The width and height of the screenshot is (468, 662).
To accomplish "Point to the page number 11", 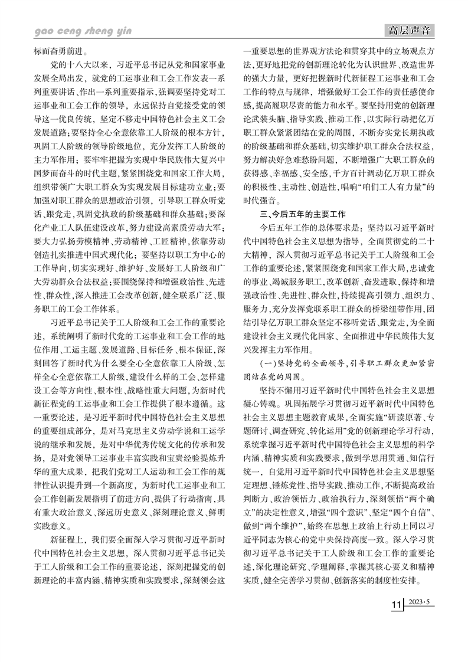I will coord(395,624).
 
